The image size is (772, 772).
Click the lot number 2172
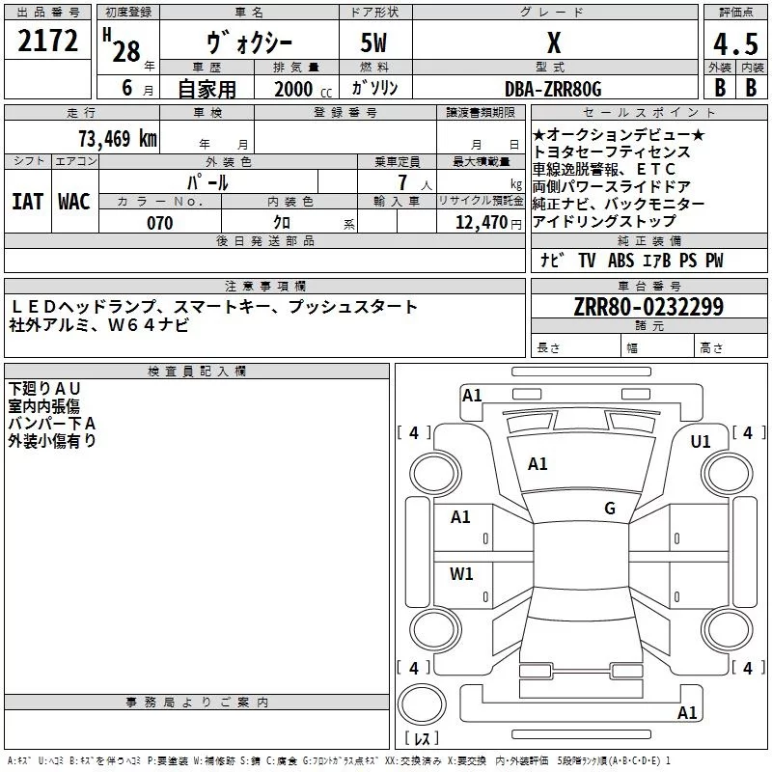click(x=48, y=42)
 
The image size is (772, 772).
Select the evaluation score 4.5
click(x=734, y=43)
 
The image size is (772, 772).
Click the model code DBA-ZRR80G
click(x=553, y=89)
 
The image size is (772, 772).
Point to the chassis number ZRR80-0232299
click(x=649, y=307)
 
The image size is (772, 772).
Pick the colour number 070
click(x=159, y=223)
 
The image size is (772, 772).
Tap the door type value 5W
click(x=375, y=43)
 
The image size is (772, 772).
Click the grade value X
click(x=554, y=43)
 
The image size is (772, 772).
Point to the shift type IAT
click(x=27, y=201)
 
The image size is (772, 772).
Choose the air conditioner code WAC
click(x=74, y=201)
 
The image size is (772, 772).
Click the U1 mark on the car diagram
click(x=701, y=441)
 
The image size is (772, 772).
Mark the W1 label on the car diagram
click(x=461, y=574)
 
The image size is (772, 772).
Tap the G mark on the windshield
click(x=610, y=509)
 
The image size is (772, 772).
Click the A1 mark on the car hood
click(x=538, y=463)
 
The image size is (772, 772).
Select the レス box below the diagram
click(x=421, y=738)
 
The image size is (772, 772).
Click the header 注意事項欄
click(x=265, y=287)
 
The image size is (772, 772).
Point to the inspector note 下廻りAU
click(x=45, y=388)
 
